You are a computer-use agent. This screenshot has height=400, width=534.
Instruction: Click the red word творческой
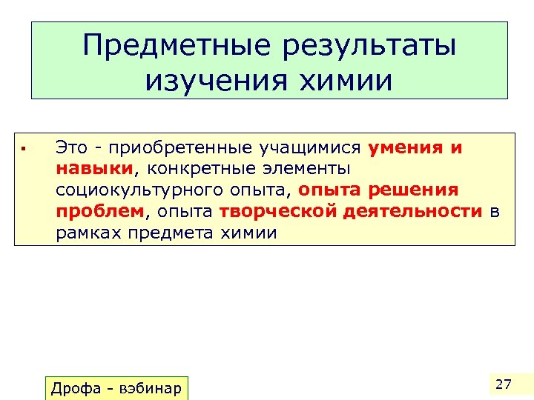click(x=279, y=212)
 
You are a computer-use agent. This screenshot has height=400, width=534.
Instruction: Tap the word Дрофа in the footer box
click(x=76, y=388)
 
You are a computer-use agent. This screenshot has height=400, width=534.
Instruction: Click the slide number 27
click(x=504, y=384)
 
